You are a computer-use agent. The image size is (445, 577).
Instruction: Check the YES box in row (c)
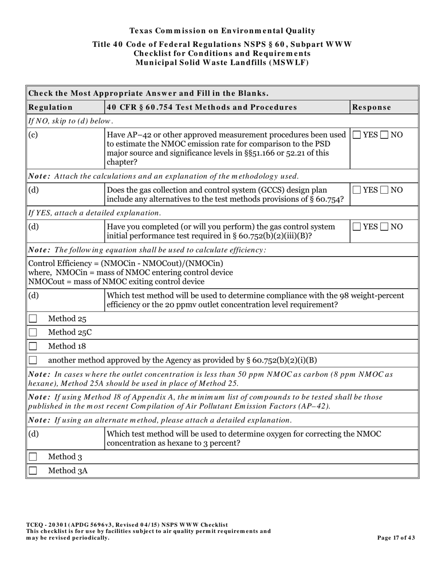[x=357, y=135]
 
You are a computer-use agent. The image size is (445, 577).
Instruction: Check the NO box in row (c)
[x=384, y=135]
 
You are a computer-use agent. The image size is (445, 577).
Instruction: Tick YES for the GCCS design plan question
[x=357, y=190]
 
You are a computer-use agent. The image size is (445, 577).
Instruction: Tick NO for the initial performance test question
[x=384, y=227]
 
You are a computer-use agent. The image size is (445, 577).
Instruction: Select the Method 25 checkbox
[x=33, y=319]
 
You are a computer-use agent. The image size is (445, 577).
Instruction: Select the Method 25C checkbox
[x=33, y=333]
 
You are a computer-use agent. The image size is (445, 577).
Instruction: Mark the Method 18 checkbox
[x=33, y=347]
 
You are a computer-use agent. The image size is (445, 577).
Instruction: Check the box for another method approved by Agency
[x=33, y=360]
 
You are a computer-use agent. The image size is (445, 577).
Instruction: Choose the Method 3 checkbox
[x=33, y=457]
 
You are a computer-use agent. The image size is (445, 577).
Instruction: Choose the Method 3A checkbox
[x=33, y=471]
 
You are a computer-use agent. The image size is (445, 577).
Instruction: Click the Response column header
[x=371, y=107]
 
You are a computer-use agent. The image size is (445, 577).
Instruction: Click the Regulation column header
[x=51, y=107]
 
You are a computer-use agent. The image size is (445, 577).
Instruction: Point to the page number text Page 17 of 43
[x=396, y=538]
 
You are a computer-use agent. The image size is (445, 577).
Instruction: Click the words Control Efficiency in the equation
[x=61, y=263]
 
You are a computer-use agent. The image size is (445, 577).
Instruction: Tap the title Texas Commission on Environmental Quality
[x=222, y=31]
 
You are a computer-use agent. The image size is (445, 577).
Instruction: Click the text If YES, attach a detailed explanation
[x=95, y=213]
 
